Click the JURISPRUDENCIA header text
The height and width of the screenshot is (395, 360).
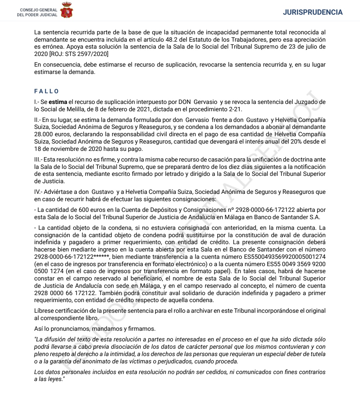click(313, 12)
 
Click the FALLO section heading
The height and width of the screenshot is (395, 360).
click(47, 91)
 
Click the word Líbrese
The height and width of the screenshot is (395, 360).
click(44, 311)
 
